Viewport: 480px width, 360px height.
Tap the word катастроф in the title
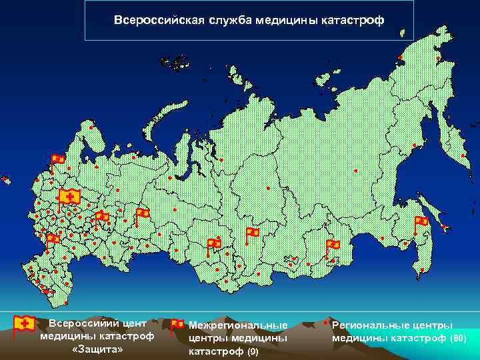tap(353, 19)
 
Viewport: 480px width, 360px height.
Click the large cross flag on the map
tap(68, 197)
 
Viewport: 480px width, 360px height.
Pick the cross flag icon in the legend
tap(25, 325)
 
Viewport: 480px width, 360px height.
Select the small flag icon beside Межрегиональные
tap(177, 326)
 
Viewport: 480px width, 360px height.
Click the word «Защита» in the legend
tap(97, 349)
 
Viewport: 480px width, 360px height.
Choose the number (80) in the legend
tap(458, 339)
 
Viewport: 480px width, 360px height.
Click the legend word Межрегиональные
tap(238, 325)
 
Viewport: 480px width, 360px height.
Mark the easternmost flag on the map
tap(421, 222)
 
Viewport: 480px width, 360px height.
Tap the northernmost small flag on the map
tap(58, 159)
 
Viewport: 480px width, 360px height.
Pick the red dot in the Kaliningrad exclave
tap(6, 179)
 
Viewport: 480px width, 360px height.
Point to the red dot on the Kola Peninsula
tap(91, 127)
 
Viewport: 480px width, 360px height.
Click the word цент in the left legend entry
tap(134, 323)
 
